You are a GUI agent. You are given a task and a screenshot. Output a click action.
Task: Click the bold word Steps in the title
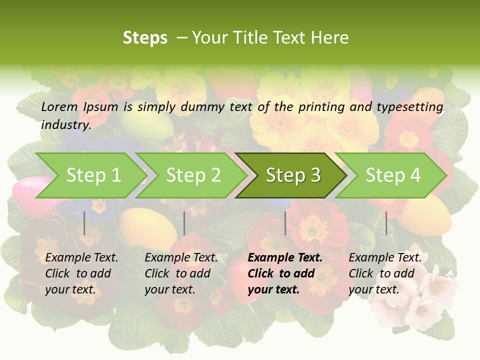[145, 38]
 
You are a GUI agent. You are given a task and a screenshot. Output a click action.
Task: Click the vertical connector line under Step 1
[84, 223]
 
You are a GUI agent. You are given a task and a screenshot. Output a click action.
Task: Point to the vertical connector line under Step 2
[184, 223]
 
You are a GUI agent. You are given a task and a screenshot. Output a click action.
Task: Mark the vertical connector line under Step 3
[285, 223]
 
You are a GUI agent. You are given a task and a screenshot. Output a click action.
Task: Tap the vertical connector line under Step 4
[386, 223]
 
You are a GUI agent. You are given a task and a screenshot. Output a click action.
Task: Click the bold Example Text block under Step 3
[284, 273]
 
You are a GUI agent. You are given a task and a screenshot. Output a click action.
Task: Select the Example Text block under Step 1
[81, 273]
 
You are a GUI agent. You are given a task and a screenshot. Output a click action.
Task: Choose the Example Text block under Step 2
[180, 273]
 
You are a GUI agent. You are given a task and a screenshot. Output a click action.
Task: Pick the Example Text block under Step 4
[384, 273]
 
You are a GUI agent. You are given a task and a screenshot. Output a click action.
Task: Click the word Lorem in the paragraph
[59, 107]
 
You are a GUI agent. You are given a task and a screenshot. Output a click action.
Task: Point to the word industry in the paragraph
[65, 124]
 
